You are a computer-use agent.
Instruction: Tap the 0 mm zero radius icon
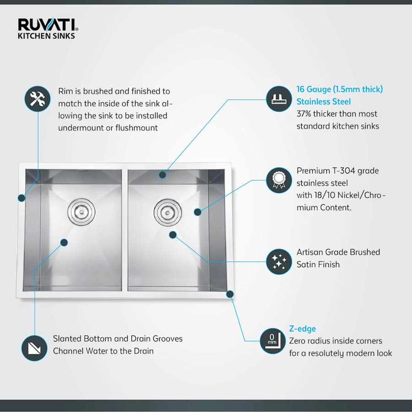[x=273, y=341]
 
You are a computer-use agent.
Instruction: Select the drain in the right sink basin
[x=168, y=211]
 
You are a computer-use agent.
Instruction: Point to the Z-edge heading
[x=302, y=329]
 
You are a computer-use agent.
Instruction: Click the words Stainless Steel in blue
[x=323, y=102]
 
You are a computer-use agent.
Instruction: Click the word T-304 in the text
[x=341, y=171]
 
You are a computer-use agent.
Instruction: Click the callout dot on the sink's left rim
[x=21, y=198]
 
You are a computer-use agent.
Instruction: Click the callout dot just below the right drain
[x=173, y=235]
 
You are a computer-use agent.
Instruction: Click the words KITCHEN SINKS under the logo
[x=46, y=36]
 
